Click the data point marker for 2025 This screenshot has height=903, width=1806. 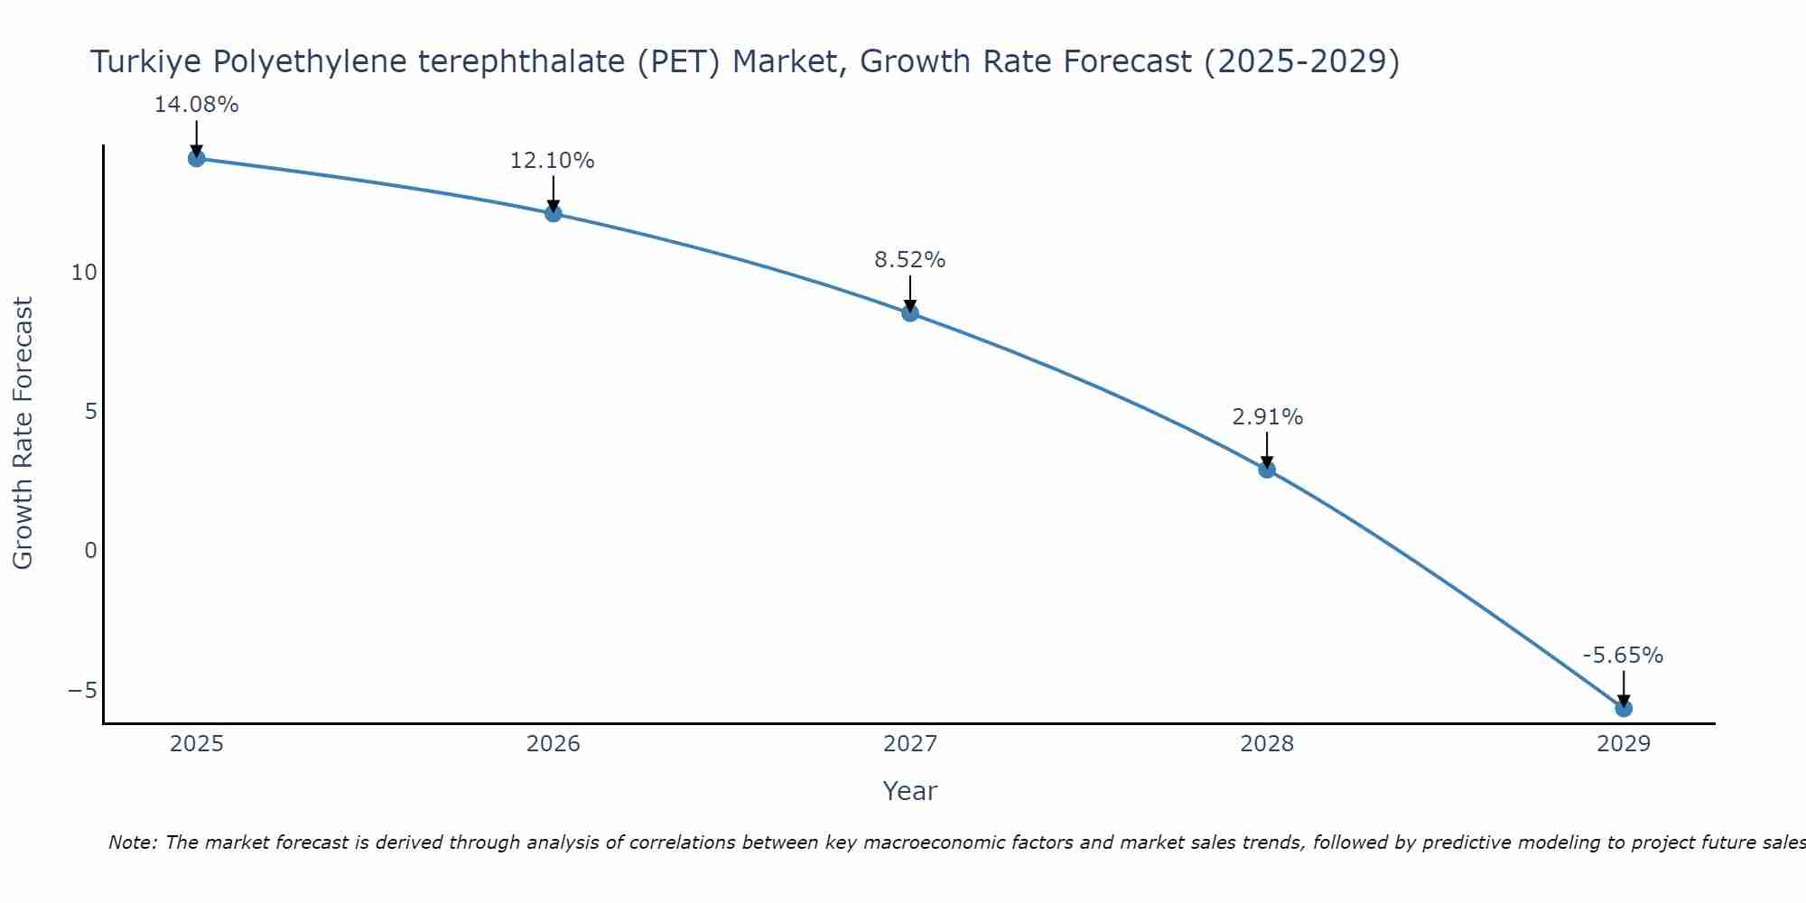pos(196,158)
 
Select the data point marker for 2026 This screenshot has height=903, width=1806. pos(554,213)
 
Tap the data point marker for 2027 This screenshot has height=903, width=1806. pos(910,313)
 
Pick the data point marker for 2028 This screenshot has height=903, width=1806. pos(1267,470)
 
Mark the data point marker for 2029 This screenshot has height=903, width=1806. pos(1624,708)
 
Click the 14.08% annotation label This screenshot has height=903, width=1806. pos(196,105)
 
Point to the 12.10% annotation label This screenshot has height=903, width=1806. pos(553,161)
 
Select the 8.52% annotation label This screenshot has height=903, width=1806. pos(910,260)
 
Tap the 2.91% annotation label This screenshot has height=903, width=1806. pos(1267,417)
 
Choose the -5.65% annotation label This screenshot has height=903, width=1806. pos(1623,656)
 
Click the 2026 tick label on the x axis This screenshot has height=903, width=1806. pos(554,744)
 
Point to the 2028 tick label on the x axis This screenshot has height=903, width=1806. pos(1267,744)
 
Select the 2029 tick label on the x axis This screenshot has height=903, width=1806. pos(1624,744)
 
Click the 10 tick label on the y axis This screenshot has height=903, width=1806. pos(84,273)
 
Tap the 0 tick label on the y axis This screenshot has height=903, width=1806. pos(90,551)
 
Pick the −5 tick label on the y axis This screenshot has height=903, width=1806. pos(82,691)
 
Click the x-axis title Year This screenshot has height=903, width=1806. pos(910,791)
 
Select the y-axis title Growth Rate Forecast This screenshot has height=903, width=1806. pos(23,433)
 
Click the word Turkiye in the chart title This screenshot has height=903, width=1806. pos(147,62)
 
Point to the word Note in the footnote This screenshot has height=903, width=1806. pos(133,842)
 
